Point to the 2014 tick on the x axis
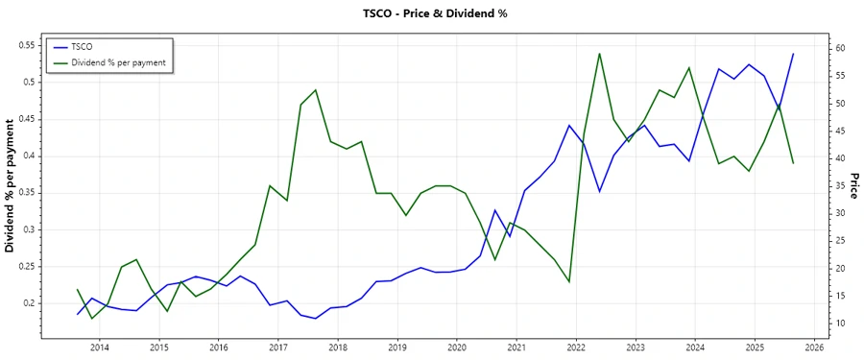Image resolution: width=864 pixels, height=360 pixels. coord(100,347)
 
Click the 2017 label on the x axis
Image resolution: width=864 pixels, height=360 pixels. coord(278,347)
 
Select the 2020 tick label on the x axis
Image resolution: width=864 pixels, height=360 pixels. coord(457,347)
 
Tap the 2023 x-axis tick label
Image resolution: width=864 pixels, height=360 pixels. coord(636,347)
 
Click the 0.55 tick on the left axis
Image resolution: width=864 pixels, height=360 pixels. coord(27,45)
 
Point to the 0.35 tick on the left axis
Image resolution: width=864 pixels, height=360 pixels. coord(27,193)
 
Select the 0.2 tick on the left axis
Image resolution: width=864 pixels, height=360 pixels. coord(30,303)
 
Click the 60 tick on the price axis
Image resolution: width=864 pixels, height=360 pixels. coord(838,48)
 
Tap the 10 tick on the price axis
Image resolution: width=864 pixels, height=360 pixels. coord(838,324)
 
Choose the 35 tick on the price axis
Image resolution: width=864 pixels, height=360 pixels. coord(838,186)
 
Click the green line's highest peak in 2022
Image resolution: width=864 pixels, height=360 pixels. coord(599,54)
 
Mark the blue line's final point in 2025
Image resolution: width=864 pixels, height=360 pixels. coord(793,54)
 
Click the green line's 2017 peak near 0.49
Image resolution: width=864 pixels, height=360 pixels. coord(316,90)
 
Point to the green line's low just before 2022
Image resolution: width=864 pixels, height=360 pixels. coord(569,281)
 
